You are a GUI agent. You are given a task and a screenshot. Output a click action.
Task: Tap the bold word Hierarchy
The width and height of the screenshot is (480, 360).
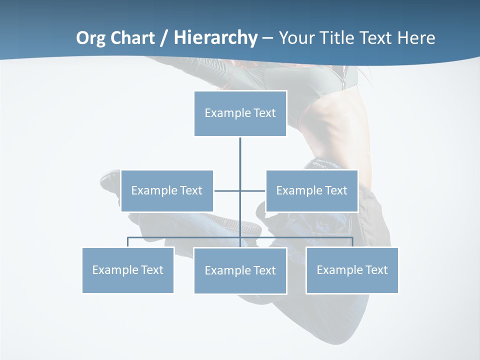[x=215, y=38]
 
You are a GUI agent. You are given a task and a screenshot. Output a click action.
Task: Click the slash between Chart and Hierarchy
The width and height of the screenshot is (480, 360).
[x=164, y=38]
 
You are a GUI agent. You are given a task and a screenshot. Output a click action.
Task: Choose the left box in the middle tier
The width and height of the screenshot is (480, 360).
[x=167, y=190]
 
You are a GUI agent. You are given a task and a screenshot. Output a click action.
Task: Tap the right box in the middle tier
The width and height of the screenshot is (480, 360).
[x=312, y=190]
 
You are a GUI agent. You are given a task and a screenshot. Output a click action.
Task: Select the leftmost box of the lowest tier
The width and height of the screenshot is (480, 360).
[x=128, y=270]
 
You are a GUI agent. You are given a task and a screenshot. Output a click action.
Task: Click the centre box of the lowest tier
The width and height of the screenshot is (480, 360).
[x=240, y=270]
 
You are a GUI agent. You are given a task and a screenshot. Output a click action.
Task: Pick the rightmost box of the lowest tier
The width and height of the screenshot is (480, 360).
[x=352, y=270]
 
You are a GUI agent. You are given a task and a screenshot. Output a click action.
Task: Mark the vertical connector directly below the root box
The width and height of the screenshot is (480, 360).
[x=240, y=155]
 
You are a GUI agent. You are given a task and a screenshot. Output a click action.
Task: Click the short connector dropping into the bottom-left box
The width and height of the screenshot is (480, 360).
[x=128, y=242]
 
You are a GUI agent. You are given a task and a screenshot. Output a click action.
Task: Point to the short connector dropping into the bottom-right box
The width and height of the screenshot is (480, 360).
[x=352, y=242]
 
